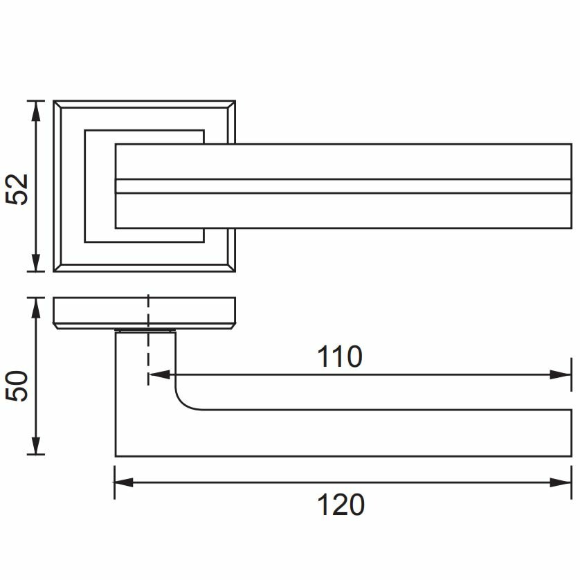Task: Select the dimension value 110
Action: (339, 357)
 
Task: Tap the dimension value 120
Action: (341, 505)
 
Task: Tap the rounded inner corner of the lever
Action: (184, 401)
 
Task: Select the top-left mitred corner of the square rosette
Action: (57, 105)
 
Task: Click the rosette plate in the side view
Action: (144, 312)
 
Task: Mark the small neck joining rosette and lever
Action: (145, 330)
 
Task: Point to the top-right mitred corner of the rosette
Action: (231, 105)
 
